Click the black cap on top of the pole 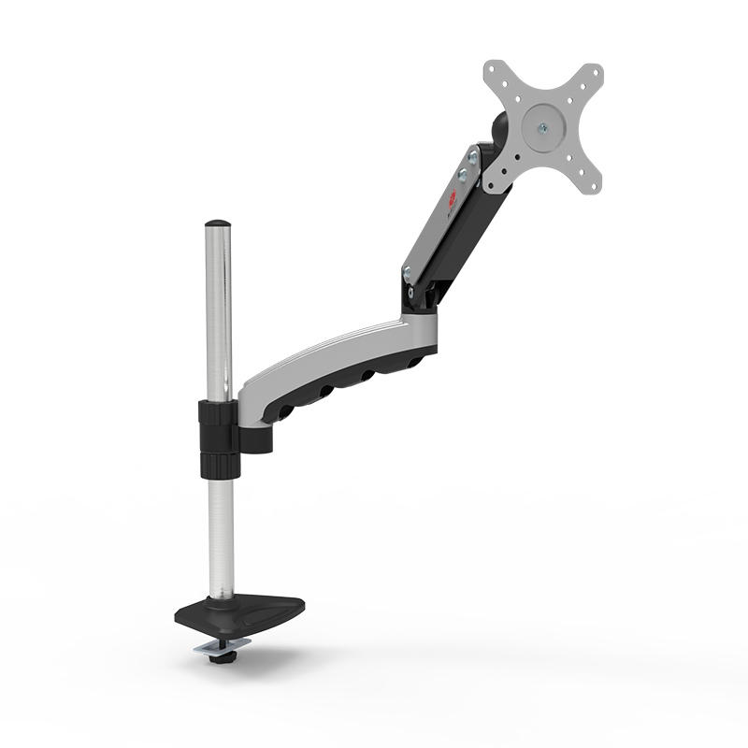[x=218, y=224]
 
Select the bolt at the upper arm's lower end [x=406, y=272]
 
